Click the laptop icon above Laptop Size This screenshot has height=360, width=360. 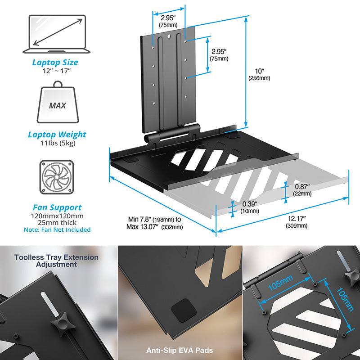click(57, 34)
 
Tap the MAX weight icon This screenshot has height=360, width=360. click(58, 102)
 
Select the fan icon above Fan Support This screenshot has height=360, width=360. click(57, 177)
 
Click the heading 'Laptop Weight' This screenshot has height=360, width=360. click(57, 135)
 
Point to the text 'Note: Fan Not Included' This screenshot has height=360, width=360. click(57, 229)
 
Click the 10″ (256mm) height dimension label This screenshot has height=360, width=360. click(259, 74)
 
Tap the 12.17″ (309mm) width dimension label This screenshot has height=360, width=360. click(297, 222)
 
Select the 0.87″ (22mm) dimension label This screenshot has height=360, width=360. click(302, 190)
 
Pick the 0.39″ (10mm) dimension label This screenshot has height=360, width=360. click(250, 207)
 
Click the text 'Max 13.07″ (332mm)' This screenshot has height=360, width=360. click(154, 227)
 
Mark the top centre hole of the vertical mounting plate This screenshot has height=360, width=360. click(169, 36)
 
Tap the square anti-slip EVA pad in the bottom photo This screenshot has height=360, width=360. click(184, 310)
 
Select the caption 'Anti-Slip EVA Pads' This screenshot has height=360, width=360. click(180, 351)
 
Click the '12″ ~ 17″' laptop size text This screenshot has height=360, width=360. click(57, 71)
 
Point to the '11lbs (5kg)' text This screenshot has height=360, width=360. click(58, 143)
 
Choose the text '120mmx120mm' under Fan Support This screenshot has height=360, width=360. click(57, 216)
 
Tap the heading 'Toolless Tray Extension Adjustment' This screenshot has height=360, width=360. click(56, 261)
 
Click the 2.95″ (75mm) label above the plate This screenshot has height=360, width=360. click(168, 21)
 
